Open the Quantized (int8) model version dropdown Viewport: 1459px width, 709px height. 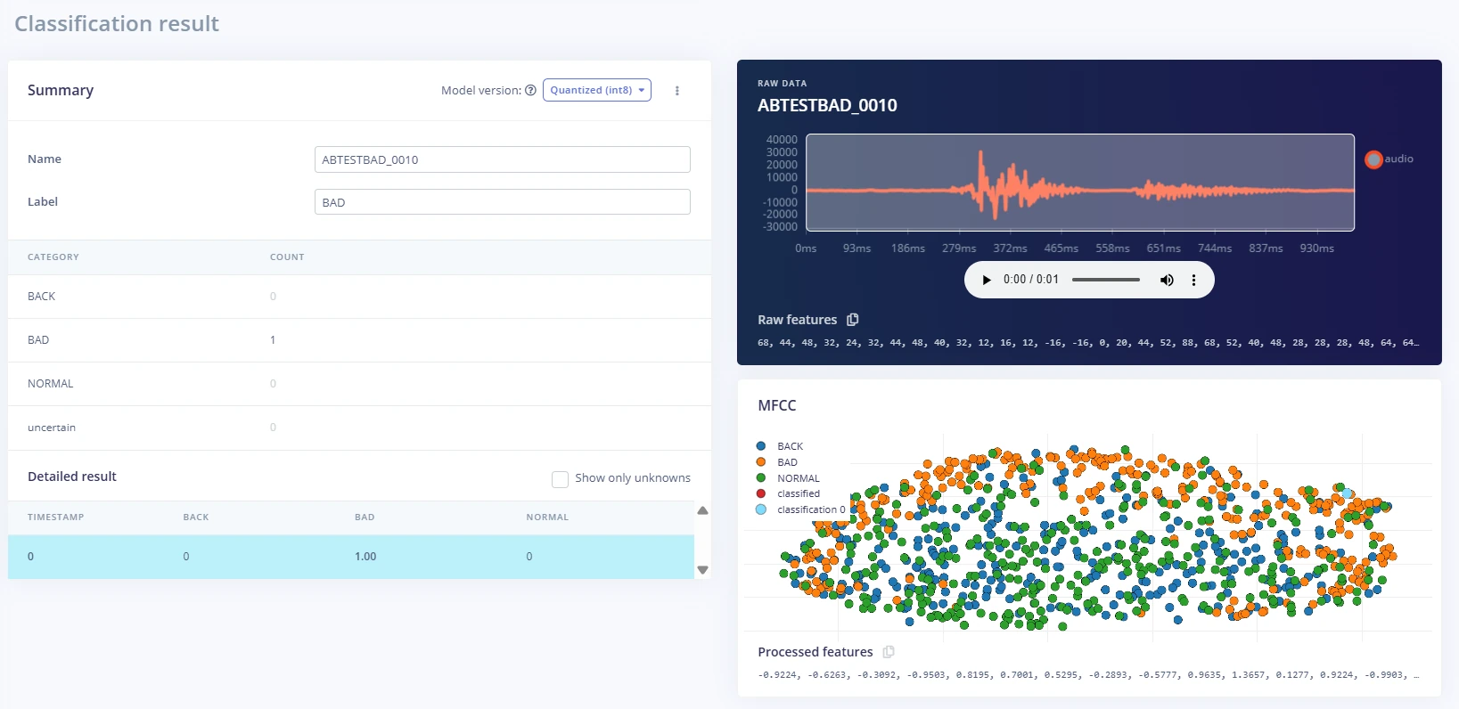point(596,90)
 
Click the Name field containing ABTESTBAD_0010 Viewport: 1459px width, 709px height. point(502,159)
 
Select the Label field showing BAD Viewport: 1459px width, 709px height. point(502,202)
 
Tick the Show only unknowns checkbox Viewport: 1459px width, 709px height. point(560,479)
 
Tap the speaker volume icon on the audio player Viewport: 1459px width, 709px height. point(1167,280)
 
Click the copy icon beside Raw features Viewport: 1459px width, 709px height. point(853,320)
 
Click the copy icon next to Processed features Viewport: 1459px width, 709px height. point(889,652)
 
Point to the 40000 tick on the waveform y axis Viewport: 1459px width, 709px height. point(782,139)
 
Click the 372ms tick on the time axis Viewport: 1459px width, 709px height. point(1010,248)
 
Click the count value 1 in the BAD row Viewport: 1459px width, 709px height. point(273,340)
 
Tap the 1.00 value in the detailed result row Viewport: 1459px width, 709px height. point(365,556)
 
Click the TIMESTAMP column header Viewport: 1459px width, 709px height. point(56,517)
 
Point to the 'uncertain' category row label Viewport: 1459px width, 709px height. point(52,428)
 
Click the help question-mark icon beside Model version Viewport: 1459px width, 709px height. point(531,91)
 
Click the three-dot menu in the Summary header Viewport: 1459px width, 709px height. point(677,91)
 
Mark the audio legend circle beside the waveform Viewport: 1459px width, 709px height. point(1373,159)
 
